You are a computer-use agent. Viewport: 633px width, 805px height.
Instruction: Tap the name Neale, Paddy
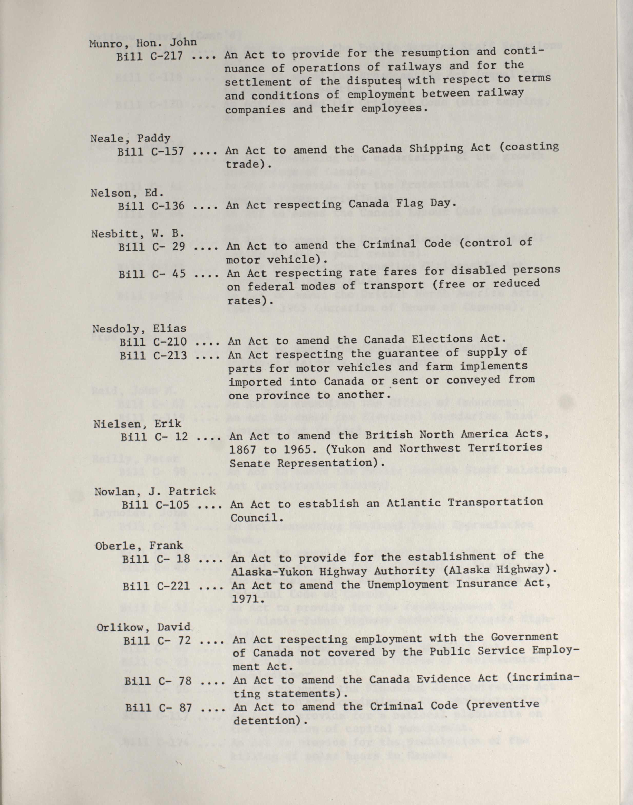[130, 139]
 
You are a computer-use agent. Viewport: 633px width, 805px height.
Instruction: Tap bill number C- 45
[152, 274]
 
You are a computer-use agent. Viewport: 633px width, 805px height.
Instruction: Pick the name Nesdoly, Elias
[139, 329]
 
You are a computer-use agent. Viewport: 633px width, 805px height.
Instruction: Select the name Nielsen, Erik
[137, 424]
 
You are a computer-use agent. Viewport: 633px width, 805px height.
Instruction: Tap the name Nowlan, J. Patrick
[155, 492]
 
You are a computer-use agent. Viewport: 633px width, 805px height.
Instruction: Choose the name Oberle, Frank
[139, 546]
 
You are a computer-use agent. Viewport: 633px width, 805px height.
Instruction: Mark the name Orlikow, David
[143, 627]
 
